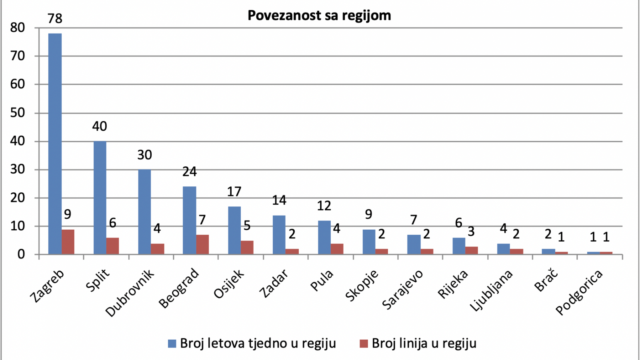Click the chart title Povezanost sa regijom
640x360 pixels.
click(x=319, y=16)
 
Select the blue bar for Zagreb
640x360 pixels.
click(x=55, y=144)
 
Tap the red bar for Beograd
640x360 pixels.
click(x=202, y=244)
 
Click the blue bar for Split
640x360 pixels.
click(x=100, y=198)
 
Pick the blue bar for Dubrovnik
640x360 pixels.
click(x=144, y=212)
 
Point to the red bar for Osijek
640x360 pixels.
click(x=247, y=248)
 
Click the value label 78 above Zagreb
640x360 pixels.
click(x=55, y=18)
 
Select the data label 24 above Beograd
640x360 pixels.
click(x=190, y=172)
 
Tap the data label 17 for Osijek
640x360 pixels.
click(x=234, y=192)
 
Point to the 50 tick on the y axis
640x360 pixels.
click(x=18, y=113)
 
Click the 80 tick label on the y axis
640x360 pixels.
click(x=18, y=28)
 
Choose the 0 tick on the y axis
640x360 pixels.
click(x=21, y=254)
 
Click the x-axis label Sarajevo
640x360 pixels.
click(x=402, y=290)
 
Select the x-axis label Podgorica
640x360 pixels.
click(x=579, y=292)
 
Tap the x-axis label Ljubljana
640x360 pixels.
click(x=491, y=290)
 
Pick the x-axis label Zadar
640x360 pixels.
click(x=274, y=283)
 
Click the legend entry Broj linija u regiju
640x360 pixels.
click(x=418, y=343)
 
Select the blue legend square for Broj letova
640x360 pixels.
click(x=172, y=344)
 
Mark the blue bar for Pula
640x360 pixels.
click(x=324, y=238)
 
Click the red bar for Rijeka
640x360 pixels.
click(x=472, y=250)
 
